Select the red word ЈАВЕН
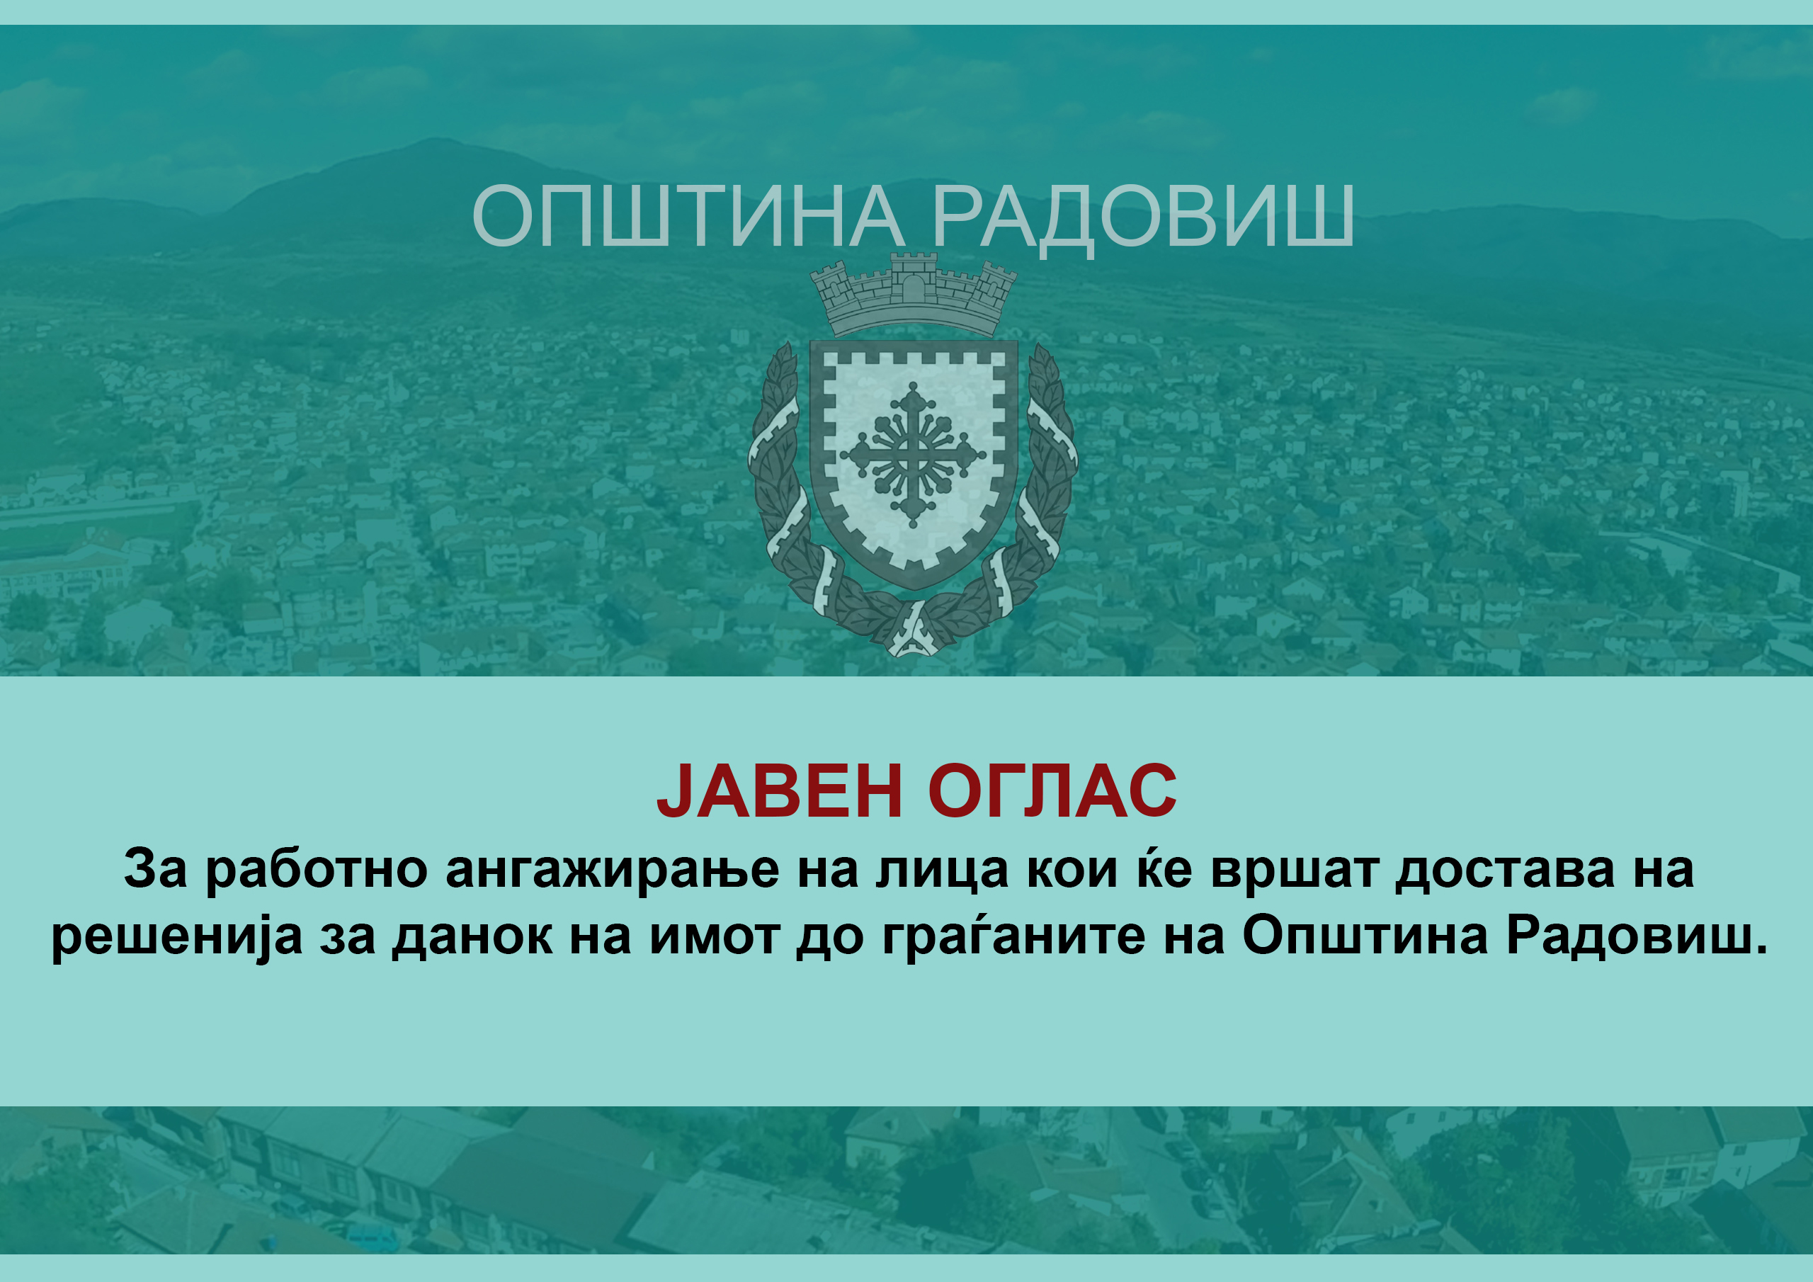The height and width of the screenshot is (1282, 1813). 779,790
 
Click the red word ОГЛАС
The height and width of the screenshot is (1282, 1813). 1052,790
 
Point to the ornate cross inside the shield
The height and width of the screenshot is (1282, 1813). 913,455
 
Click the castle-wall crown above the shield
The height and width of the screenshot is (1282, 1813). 914,294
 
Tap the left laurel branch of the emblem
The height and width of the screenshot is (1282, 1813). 790,489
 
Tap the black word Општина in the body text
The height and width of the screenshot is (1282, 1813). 1365,937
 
